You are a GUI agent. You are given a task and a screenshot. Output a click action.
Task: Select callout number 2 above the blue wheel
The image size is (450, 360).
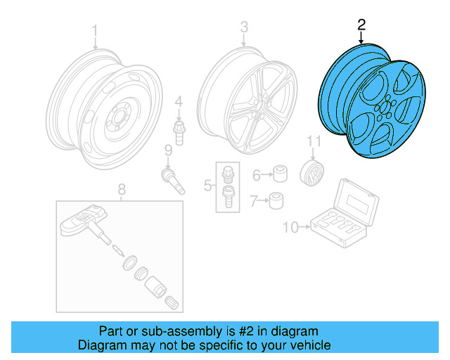[361, 25]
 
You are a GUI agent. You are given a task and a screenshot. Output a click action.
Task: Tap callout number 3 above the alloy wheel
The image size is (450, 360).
[244, 27]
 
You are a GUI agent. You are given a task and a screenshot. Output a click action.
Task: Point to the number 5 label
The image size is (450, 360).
[207, 186]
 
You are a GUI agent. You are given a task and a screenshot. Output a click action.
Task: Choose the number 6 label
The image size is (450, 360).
[257, 174]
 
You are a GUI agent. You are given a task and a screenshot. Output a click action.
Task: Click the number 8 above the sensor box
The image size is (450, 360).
[121, 188]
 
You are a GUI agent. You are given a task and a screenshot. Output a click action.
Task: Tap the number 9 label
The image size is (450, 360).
[168, 150]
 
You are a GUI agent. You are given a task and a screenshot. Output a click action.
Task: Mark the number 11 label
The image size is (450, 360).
[313, 143]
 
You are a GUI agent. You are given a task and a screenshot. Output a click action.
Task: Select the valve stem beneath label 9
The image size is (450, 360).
[173, 179]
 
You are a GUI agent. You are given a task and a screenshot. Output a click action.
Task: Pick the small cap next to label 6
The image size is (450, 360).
[279, 174]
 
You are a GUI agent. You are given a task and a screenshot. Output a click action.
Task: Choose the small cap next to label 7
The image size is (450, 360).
[278, 200]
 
